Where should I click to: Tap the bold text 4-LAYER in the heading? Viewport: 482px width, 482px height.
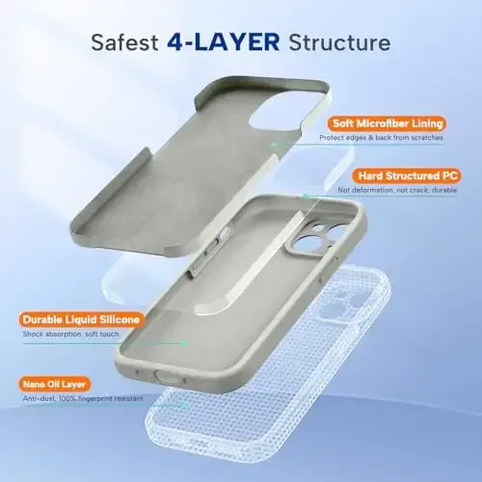pos(221,43)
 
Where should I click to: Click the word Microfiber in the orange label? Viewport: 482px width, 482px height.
pos(382,123)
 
